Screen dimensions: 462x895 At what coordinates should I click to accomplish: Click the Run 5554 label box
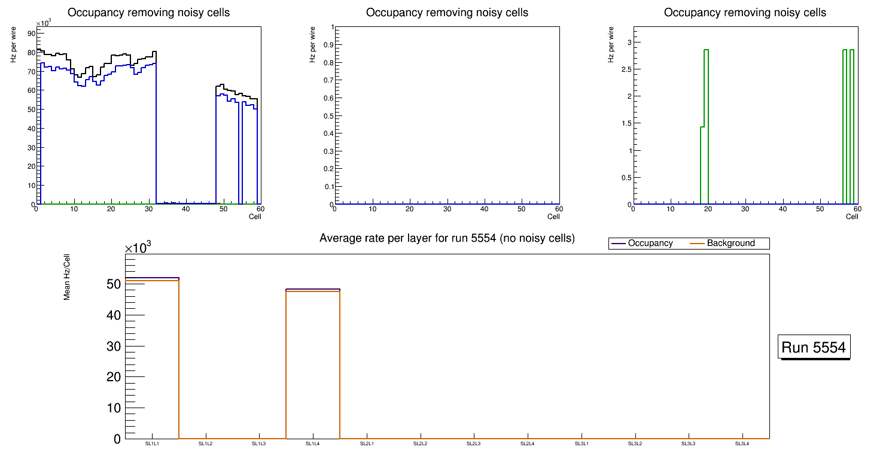815,347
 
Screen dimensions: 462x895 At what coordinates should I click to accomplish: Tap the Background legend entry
730,244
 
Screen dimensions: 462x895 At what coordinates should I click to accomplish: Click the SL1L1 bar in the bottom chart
152,359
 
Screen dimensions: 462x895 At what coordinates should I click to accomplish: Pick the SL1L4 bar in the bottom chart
313,365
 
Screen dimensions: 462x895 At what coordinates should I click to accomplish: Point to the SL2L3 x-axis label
474,443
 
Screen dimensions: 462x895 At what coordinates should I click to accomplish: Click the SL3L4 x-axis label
742,443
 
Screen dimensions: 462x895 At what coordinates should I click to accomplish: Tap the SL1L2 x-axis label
205,443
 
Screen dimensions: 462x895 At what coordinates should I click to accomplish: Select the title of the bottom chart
447,238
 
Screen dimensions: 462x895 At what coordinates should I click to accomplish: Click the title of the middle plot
447,13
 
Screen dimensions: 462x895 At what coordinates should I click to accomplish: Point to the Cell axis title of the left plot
255,217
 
